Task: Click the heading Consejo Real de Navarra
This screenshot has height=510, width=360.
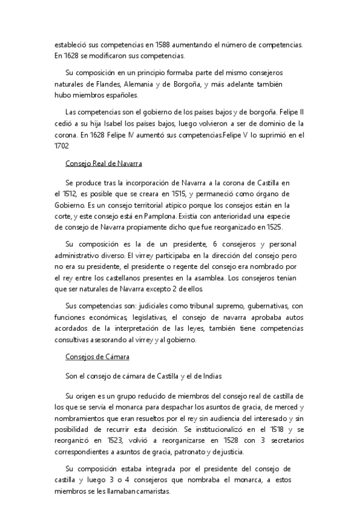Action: [x=103, y=164]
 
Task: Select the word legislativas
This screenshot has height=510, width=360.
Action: [x=147, y=317]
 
